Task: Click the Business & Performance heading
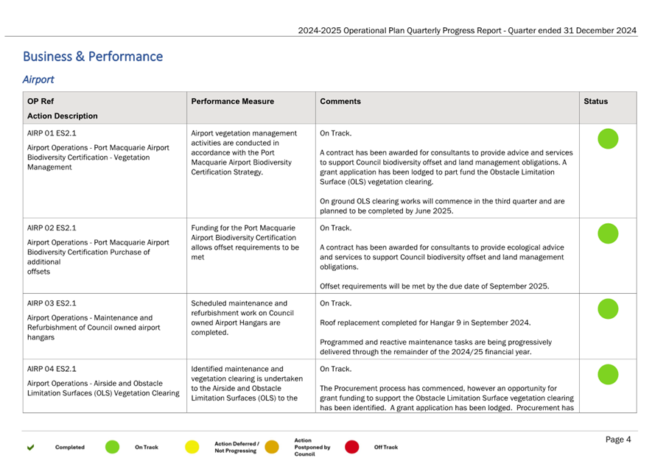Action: click(x=93, y=56)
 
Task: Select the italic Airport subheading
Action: click(x=38, y=80)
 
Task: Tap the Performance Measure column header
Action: click(x=233, y=102)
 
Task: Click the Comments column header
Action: click(x=340, y=102)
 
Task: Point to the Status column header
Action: click(x=595, y=102)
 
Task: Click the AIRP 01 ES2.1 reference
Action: click(x=52, y=133)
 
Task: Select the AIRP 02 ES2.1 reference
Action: click(x=52, y=228)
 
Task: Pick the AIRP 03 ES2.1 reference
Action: click(x=52, y=303)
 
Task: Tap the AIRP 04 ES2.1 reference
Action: click(x=52, y=369)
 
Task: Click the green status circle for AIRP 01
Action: click(x=608, y=139)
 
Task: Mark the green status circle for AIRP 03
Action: click(x=608, y=309)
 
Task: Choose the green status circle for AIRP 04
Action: click(x=608, y=375)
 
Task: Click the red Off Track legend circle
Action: click(x=352, y=447)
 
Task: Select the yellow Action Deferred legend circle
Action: click(x=192, y=447)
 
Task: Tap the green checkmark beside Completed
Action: click(x=31, y=447)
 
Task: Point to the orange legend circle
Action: click(x=272, y=447)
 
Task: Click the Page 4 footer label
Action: click(x=618, y=440)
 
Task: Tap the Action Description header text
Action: click(x=63, y=116)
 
